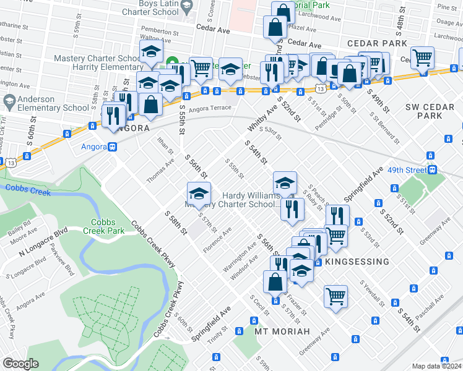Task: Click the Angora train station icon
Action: pyautogui.click(x=113, y=147)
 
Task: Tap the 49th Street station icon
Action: pyautogui.click(x=433, y=170)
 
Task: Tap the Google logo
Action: pyautogui.click(x=20, y=364)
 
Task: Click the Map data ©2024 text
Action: pyautogui.click(x=437, y=366)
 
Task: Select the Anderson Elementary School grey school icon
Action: pyautogui.click(x=9, y=100)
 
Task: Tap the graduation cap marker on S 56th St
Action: pyautogui.click(x=199, y=192)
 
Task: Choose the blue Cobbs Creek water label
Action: pyautogui.click(x=25, y=186)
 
